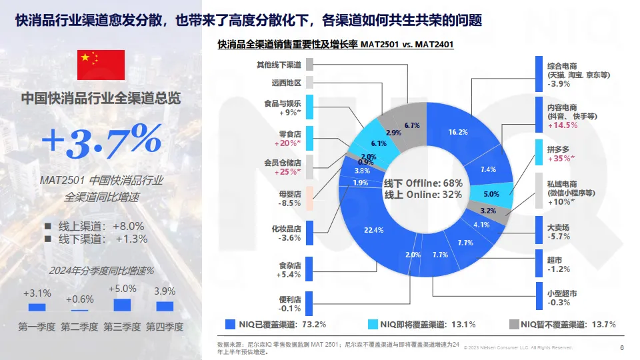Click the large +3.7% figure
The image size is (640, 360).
click(x=101, y=139)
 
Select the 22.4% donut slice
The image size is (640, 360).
click(x=374, y=230)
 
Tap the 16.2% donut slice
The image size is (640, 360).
click(x=458, y=132)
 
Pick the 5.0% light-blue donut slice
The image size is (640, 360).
click(x=491, y=194)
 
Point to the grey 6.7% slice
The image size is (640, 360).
click(x=412, y=125)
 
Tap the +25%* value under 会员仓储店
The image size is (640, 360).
click(x=288, y=172)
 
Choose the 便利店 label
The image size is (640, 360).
click(x=290, y=299)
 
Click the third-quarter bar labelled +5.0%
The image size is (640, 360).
click(x=122, y=305)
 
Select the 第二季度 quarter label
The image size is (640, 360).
click(x=79, y=327)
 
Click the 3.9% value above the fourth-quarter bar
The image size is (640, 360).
click(x=165, y=291)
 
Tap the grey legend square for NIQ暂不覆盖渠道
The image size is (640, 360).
click(x=514, y=325)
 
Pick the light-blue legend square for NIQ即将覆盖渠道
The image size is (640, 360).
click(x=373, y=325)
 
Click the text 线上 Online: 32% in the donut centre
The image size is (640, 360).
click(x=423, y=195)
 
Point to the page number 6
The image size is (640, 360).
click(x=622, y=347)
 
